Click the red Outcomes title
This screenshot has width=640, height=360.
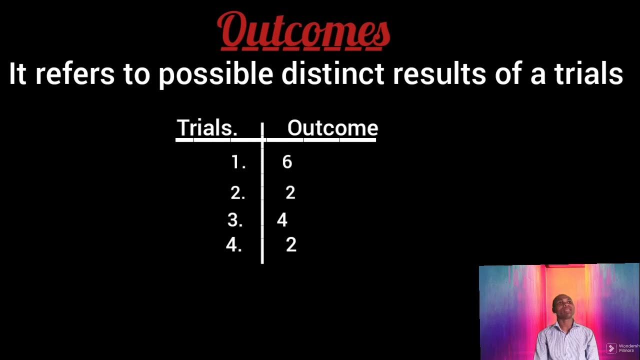[x=304, y=31]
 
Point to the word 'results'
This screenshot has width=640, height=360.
[x=439, y=74]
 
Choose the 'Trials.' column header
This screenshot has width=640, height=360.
[x=207, y=128]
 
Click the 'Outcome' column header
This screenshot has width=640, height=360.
[x=332, y=128]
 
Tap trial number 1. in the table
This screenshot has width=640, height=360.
[x=238, y=162]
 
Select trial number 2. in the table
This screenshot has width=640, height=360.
[x=237, y=193]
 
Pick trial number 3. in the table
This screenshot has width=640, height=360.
[x=235, y=220]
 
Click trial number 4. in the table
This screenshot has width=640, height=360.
[x=233, y=245]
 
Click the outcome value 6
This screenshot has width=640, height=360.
[x=287, y=162]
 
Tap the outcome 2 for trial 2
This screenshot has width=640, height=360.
[x=290, y=193]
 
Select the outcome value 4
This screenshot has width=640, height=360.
[x=282, y=220]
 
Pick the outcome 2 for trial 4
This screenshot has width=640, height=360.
[x=291, y=245]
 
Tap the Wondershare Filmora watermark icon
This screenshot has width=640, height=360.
[x=611, y=348]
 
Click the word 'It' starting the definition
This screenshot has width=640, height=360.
[x=17, y=74]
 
